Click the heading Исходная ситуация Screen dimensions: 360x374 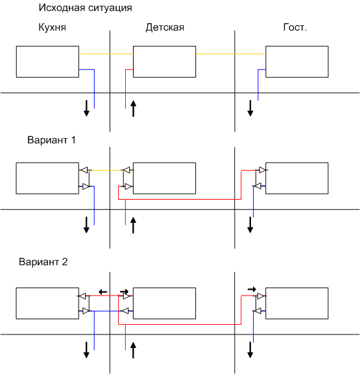click(x=85, y=8)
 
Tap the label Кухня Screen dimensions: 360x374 click(x=53, y=27)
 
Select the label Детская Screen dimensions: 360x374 click(x=165, y=27)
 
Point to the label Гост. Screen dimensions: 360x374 click(x=295, y=27)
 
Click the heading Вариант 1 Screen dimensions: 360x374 click(x=51, y=140)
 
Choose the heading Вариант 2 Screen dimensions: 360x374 click(x=43, y=262)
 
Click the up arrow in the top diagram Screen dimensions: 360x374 click(x=133, y=109)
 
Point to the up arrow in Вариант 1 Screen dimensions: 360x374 click(x=133, y=225)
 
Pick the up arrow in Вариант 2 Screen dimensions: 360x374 click(x=133, y=350)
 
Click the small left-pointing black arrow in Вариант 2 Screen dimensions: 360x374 click(x=103, y=292)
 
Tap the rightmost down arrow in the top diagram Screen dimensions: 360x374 click(x=250, y=108)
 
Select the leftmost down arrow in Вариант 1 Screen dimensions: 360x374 click(x=86, y=225)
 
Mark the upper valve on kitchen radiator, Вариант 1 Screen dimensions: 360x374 click(x=84, y=170)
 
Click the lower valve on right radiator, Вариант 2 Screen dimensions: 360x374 click(x=258, y=311)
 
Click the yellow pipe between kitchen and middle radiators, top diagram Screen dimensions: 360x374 click(x=106, y=54)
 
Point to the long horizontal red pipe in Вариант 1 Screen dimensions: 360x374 click(x=180, y=199)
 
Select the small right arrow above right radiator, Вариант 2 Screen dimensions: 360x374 click(x=252, y=289)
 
